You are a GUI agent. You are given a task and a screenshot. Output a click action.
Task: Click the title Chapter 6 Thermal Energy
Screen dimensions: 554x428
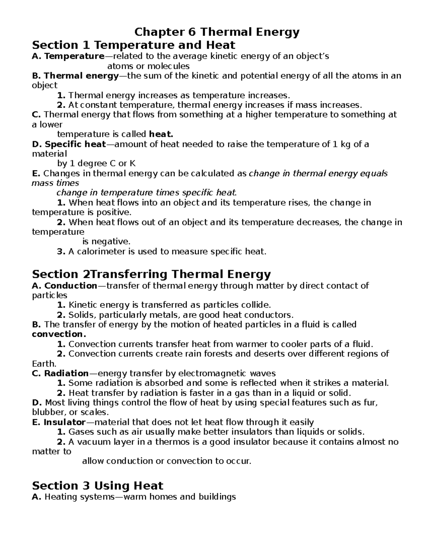tap(217, 32)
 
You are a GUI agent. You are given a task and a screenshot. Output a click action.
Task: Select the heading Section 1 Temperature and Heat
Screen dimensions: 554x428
tap(133, 45)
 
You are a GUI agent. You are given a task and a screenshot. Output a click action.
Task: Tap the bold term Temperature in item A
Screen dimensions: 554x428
tap(74, 56)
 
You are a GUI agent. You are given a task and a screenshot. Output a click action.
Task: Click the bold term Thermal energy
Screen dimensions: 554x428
tap(81, 76)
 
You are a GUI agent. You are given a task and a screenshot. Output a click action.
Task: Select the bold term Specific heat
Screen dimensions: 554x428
tap(75, 144)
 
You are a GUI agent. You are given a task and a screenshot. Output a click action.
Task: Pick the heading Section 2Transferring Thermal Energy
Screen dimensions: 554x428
tap(151, 274)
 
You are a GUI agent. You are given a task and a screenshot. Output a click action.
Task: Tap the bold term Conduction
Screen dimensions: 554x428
tap(71, 286)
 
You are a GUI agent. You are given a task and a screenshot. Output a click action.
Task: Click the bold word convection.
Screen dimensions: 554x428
tap(59, 334)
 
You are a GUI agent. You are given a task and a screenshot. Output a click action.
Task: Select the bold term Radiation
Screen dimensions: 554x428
tap(66, 373)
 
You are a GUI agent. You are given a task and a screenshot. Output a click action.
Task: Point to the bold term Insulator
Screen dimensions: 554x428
tap(65, 423)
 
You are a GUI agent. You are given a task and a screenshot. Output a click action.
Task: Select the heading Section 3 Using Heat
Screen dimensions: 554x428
tap(97, 486)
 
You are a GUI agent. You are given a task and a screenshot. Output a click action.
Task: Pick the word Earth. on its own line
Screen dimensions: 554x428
tap(44, 364)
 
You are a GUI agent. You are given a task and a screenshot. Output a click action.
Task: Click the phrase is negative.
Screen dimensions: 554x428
tap(104, 242)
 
